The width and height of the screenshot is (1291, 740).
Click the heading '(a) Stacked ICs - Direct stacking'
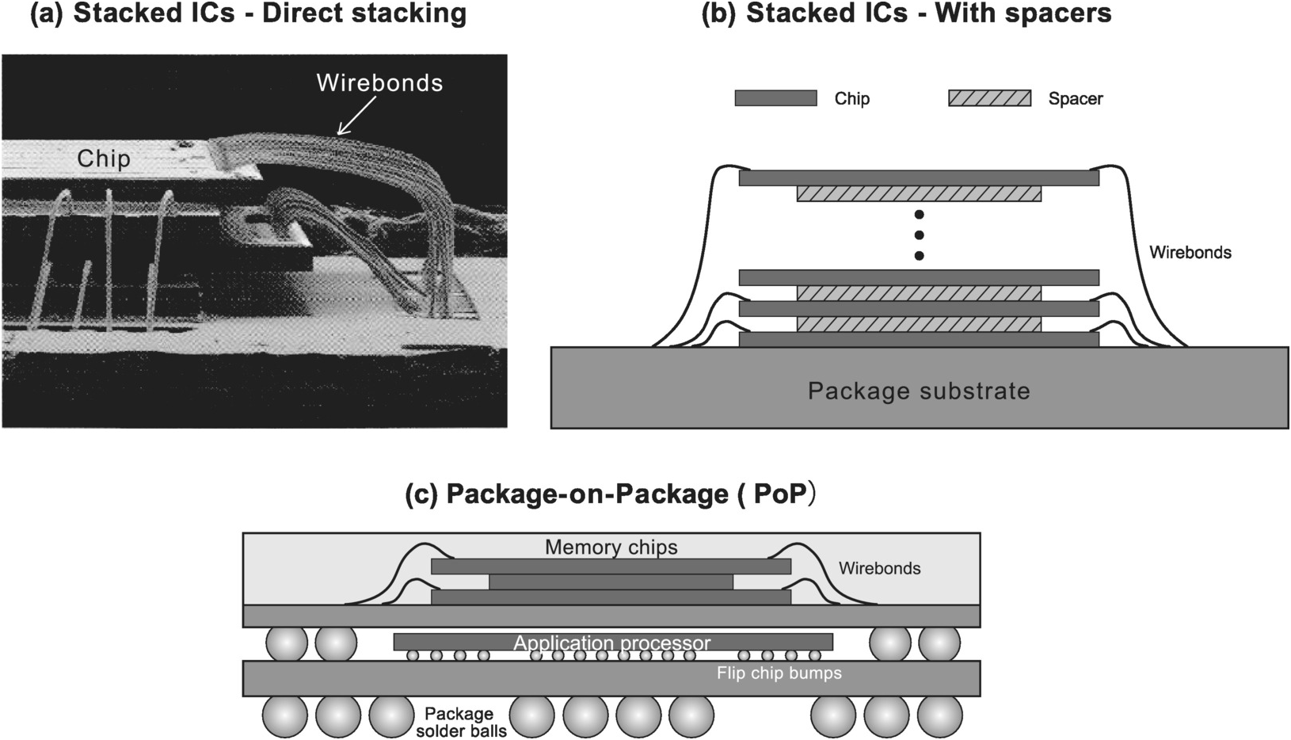pyautogui.click(x=248, y=14)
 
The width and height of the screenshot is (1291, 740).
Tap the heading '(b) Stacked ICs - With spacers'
pyautogui.click(x=906, y=13)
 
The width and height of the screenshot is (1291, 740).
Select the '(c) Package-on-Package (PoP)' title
pyautogui.click(x=611, y=494)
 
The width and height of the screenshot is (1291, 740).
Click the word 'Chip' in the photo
pyautogui.click(x=104, y=158)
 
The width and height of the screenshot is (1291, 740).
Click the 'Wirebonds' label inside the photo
pyautogui.click(x=379, y=83)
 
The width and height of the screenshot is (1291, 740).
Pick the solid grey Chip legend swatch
pyautogui.click(x=775, y=98)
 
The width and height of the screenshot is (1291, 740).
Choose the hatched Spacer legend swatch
pyautogui.click(x=989, y=98)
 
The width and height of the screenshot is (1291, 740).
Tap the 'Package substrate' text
pyautogui.click(x=919, y=391)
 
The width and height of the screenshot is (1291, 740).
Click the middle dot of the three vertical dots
pyautogui.click(x=919, y=235)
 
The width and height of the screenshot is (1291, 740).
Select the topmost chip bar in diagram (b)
pyautogui.click(x=919, y=178)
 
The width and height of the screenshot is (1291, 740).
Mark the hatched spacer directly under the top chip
pyautogui.click(x=919, y=194)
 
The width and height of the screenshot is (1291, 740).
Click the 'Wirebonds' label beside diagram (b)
pyautogui.click(x=1190, y=254)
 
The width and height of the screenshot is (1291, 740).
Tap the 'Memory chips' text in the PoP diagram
pyautogui.click(x=611, y=547)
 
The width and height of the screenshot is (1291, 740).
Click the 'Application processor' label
pyautogui.click(x=611, y=643)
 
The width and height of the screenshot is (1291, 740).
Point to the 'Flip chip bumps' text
pyautogui.click(x=779, y=673)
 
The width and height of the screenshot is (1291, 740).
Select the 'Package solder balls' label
pyautogui.click(x=461, y=722)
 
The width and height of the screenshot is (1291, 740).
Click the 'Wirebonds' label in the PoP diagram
pyautogui.click(x=879, y=569)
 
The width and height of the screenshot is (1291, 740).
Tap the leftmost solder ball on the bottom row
pyautogui.click(x=285, y=718)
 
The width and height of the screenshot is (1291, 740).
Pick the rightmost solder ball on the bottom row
pyautogui.click(x=939, y=718)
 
